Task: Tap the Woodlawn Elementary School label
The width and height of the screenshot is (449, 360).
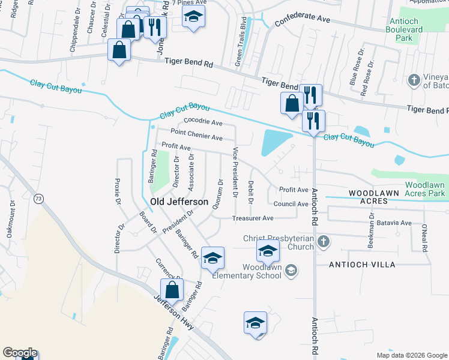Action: coord(262,271)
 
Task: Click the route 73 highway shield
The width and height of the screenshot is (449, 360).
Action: coord(39,199)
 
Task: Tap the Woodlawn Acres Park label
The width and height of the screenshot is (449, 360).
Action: coord(424,189)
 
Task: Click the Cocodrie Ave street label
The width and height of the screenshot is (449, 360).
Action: coord(203,122)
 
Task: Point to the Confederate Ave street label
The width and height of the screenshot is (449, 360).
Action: coord(303,20)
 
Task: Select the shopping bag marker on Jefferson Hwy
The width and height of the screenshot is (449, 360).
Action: coord(172,290)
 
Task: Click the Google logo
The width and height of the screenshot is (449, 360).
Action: coord(19,353)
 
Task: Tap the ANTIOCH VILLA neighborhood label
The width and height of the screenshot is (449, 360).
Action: coord(362,265)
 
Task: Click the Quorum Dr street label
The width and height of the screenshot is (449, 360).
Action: coord(219,193)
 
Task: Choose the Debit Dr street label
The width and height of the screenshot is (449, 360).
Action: coord(251,191)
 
